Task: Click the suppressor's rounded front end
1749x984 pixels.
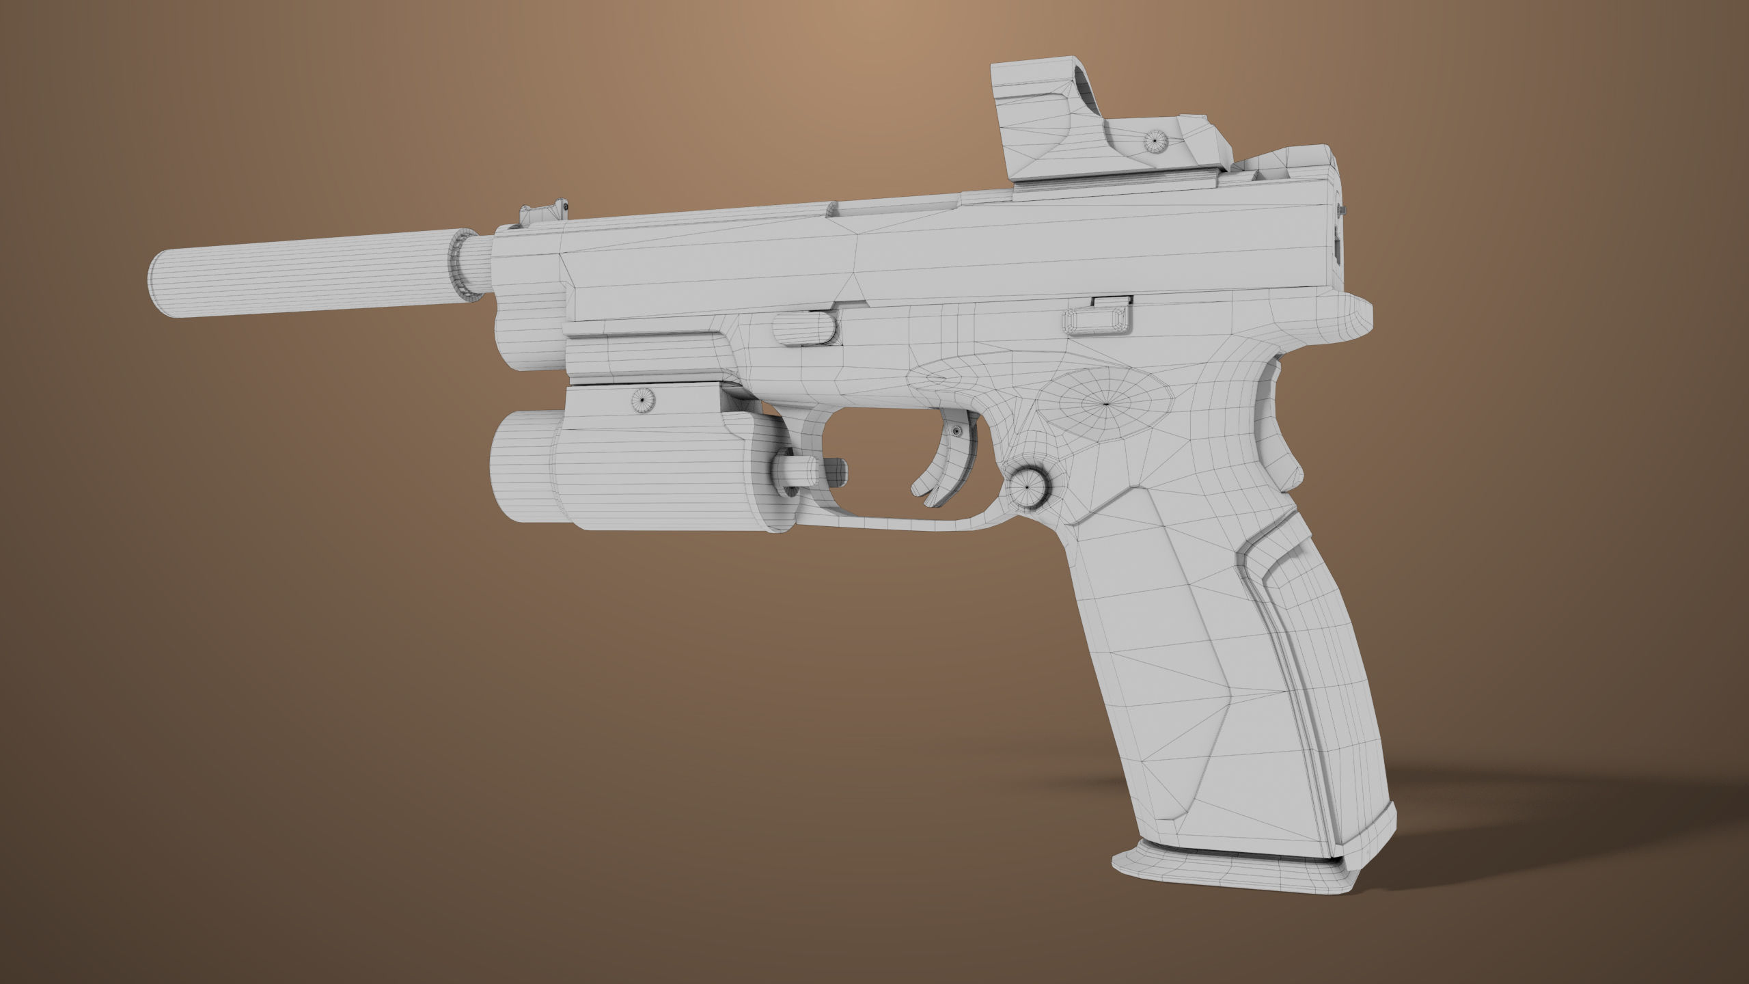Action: click(159, 286)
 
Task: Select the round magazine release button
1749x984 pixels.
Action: click(1027, 488)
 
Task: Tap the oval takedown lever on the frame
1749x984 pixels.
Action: click(1098, 321)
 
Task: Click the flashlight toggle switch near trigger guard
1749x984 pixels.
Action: click(797, 471)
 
